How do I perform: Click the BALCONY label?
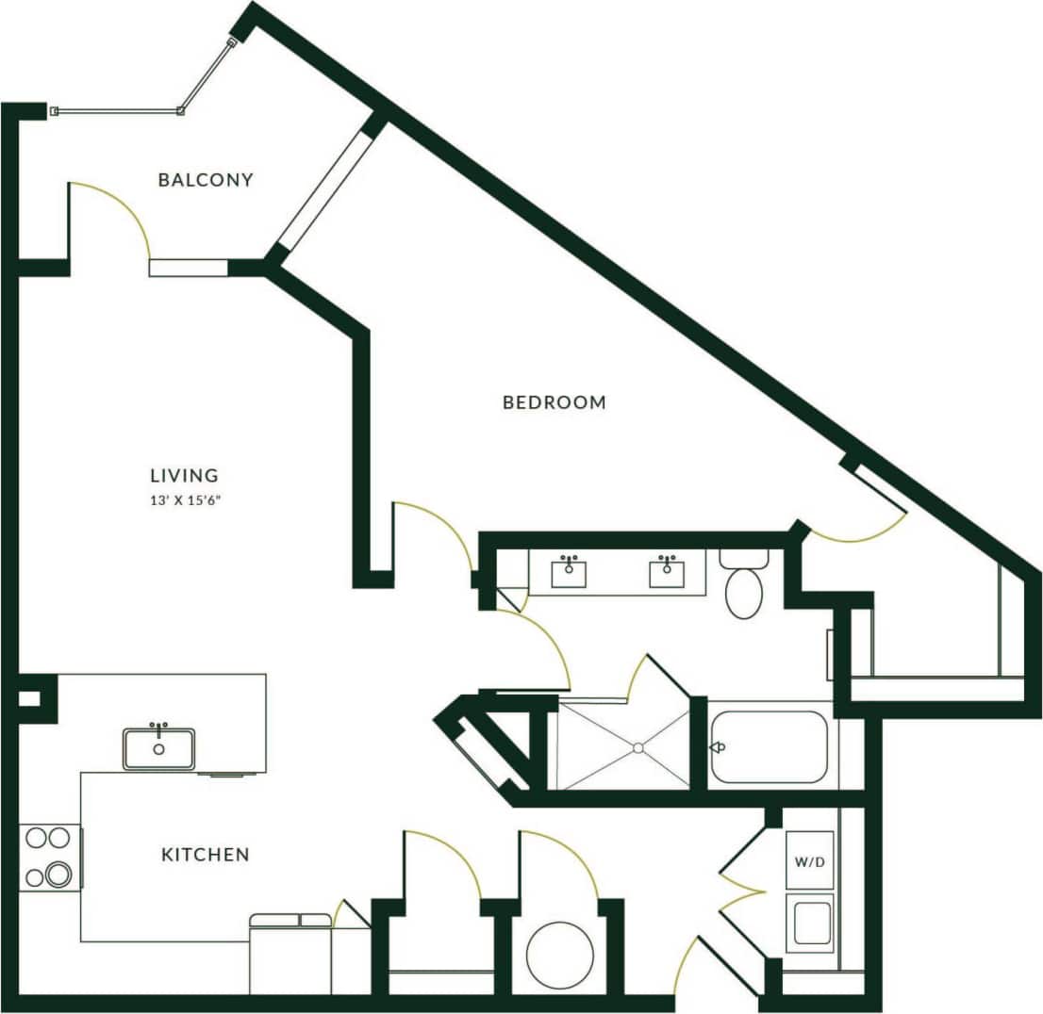click(206, 180)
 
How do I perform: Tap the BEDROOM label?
click(554, 403)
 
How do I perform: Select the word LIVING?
click(184, 476)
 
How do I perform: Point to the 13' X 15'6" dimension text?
click(184, 500)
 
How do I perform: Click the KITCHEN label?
click(206, 856)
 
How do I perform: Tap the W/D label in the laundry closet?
click(810, 860)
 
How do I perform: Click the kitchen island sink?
click(158, 749)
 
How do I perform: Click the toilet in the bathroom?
click(743, 588)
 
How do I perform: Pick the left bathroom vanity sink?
click(570, 573)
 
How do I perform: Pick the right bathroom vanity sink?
click(667, 573)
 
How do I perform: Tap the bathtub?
click(769, 747)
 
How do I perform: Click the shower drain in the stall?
click(637, 747)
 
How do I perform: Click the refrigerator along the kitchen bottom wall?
click(290, 957)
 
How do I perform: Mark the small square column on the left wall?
click(29, 699)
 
